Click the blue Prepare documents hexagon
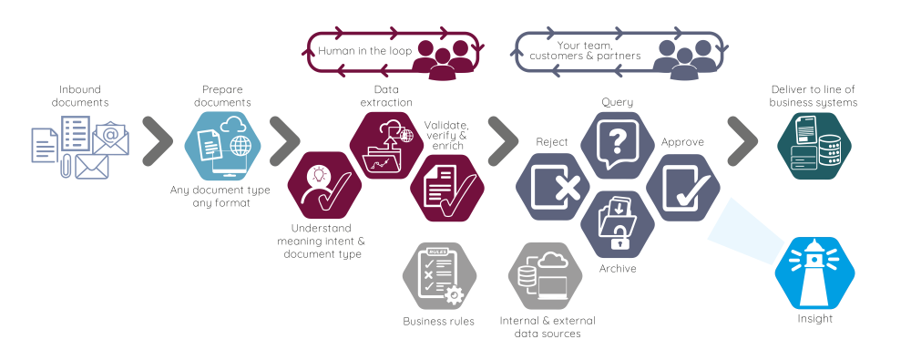222,145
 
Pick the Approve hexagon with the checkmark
684,187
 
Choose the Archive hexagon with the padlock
619,224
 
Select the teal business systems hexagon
814,145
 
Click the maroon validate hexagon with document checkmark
447,187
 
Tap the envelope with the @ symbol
110,138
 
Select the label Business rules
438,321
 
